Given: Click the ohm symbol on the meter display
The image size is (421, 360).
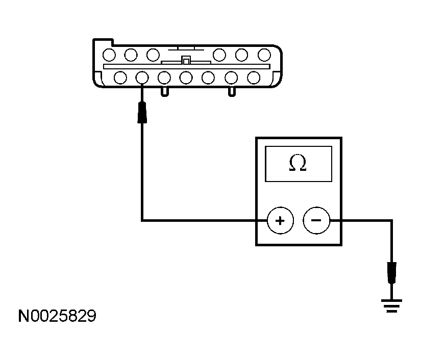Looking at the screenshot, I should click(x=298, y=163).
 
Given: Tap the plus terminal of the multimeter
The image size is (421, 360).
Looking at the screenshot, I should click(x=280, y=221).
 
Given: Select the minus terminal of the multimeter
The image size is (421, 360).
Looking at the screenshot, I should click(x=316, y=221).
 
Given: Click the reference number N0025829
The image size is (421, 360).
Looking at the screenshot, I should click(x=57, y=317).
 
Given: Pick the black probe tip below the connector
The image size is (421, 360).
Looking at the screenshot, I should click(x=142, y=112).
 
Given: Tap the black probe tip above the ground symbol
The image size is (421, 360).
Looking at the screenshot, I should click(x=392, y=272).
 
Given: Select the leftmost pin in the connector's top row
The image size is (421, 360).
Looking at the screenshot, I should click(x=108, y=54).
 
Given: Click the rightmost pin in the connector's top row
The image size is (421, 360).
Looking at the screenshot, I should click(x=264, y=54).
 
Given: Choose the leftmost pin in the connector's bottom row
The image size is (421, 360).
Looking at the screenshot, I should click(x=120, y=78).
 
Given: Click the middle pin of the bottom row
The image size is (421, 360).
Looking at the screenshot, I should click(x=186, y=78).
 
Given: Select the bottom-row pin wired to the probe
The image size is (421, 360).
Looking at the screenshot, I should click(x=142, y=78).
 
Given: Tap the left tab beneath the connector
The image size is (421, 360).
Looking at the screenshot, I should click(x=165, y=91).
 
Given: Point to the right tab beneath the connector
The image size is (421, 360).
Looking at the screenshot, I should click(x=232, y=91).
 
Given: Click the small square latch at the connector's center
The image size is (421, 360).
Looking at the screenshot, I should click(x=186, y=60).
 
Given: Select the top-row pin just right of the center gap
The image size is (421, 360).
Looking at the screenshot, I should click(x=219, y=54).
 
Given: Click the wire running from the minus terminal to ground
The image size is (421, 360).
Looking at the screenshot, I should click(x=362, y=221).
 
